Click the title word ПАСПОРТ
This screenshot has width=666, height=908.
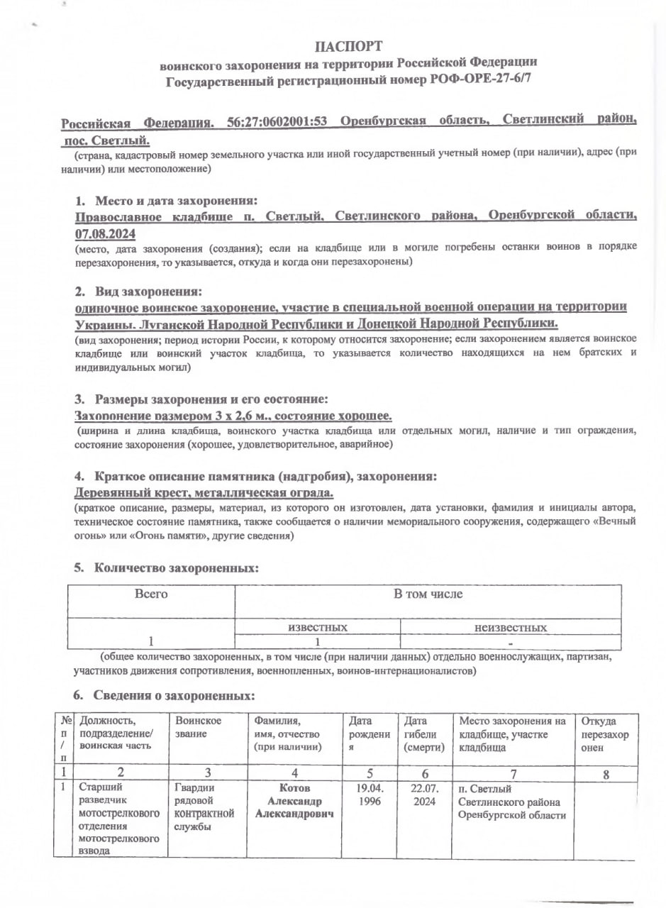click(x=348, y=47)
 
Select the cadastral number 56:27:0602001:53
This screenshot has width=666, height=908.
click(x=276, y=121)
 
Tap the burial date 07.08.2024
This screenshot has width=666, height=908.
click(x=105, y=233)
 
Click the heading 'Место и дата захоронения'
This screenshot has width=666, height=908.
click(x=176, y=201)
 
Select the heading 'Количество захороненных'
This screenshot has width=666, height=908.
click(x=176, y=568)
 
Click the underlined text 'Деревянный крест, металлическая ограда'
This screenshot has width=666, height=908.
click(x=204, y=492)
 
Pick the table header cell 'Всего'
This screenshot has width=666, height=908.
click(x=150, y=594)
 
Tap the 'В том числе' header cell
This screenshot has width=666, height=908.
click(x=428, y=594)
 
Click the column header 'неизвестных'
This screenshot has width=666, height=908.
click(x=511, y=628)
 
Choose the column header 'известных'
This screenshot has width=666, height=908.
click(x=317, y=628)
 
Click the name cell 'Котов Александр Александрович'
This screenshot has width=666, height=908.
click(x=294, y=802)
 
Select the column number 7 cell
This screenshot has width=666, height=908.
click(x=513, y=773)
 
